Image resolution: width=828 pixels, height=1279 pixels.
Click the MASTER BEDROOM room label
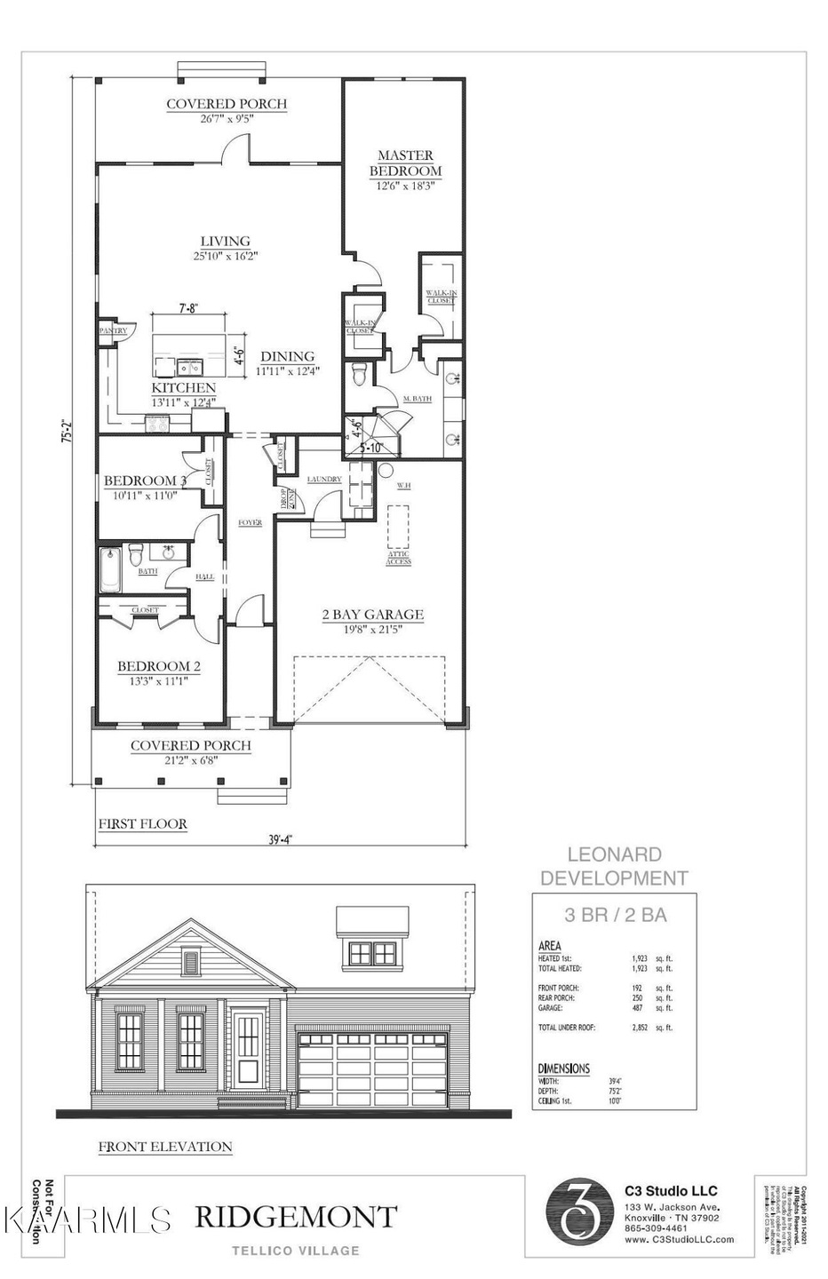(x=405, y=163)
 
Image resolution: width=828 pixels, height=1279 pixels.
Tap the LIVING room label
(x=225, y=241)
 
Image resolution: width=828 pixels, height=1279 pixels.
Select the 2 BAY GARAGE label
(x=372, y=614)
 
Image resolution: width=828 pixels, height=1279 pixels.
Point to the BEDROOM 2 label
(x=154, y=666)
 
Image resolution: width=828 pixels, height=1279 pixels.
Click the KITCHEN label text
(x=184, y=388)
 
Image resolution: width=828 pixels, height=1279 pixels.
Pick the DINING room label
(x=287, y=356)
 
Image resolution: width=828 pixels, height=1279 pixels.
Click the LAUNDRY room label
(x=324, y=480)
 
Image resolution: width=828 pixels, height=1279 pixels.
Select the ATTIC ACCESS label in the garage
(x=398, y=558)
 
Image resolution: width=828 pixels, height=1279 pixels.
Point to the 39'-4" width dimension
(x=279, y=838)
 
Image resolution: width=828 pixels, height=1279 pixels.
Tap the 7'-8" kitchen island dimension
(x=188, y=309)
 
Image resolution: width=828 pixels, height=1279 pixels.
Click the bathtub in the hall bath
(x=110, y=569)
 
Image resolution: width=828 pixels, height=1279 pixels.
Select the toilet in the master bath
(x=359, y=374)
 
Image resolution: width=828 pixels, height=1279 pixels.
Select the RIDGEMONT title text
(x=295, y=1217)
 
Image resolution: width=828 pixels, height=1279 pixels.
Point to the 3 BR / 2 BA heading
(x=616, y=915)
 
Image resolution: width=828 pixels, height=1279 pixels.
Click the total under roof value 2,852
(x=642, y=1028)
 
